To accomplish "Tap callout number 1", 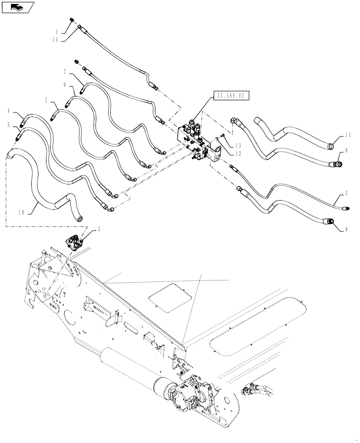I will (x=56, y=31).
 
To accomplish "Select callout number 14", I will (x=55, y=40).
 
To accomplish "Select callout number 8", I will (x=346, y=151).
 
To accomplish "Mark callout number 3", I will (x=346, y=194).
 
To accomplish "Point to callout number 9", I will (x=346, y=229).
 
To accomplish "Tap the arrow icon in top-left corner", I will (x=17, y=7).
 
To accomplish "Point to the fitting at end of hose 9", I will (x=330, y=221).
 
